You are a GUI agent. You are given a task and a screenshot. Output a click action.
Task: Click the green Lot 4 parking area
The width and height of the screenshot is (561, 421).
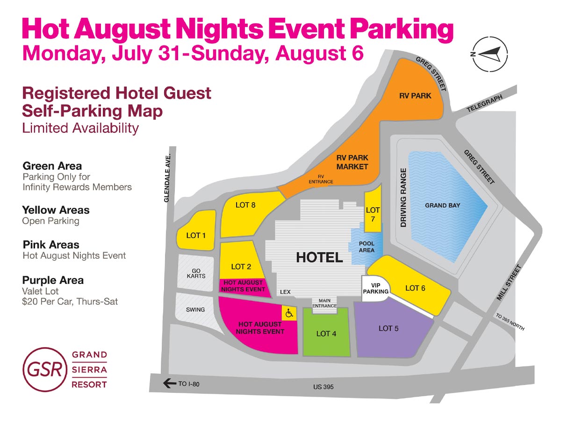click(326, 333)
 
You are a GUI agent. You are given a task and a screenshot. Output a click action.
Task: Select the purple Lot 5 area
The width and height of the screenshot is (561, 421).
click(388, 328)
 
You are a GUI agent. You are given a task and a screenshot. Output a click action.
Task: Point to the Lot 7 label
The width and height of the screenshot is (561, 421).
click(373, 214)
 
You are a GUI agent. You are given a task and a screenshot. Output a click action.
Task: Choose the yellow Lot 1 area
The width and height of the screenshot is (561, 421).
click(196, 235)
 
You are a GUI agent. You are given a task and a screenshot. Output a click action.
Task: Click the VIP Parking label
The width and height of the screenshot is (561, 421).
click(376, 288)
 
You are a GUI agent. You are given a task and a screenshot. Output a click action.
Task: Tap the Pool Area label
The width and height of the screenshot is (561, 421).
click(367, 247)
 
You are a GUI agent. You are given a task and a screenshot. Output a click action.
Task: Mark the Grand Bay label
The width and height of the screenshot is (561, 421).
click(442, 205)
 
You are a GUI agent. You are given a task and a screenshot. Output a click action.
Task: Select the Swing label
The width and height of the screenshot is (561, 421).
click(195, 310)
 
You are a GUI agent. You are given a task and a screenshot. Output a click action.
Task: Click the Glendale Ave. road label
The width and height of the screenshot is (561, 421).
click(167, 177)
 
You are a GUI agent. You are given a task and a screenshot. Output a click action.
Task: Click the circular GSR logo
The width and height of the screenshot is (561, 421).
click(43, 369)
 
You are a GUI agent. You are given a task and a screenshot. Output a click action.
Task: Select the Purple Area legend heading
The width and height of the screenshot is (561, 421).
click(53, 280)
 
